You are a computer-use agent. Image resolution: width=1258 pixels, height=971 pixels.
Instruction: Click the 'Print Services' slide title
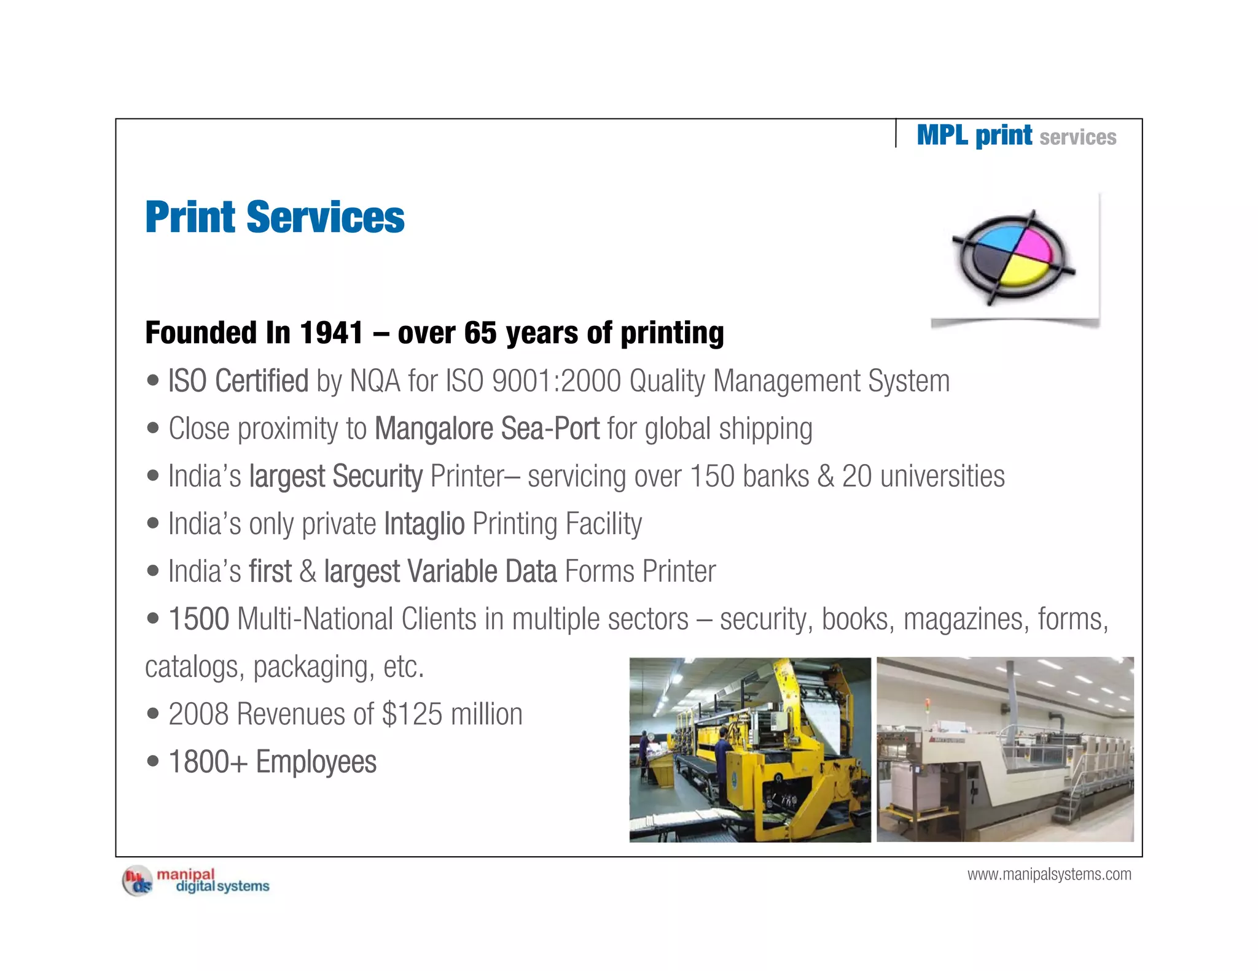click(x=275, y=217)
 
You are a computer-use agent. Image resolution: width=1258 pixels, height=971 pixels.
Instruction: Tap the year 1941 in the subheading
click(x=331, y=333)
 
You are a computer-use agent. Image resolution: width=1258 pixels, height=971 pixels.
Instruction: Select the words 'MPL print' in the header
click(x=974, y=135)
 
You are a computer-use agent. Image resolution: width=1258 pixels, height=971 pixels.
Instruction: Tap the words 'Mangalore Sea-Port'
click(x=486, y=428)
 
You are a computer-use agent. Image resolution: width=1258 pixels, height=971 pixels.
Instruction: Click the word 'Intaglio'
click(x=424, y=524)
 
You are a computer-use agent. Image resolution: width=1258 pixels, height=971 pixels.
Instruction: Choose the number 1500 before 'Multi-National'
click(x=198, y=619)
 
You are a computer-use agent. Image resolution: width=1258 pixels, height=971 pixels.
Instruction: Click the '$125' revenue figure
click(x=412, y=714)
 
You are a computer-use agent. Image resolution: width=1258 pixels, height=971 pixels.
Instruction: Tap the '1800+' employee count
click(x=208, y=762)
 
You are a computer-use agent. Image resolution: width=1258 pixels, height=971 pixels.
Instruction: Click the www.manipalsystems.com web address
click(x=1049, y=874)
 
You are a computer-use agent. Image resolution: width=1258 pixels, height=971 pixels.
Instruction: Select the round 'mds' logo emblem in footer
click(x=138, y=881)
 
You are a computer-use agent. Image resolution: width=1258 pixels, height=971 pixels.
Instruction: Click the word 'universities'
click(x=942, y=476)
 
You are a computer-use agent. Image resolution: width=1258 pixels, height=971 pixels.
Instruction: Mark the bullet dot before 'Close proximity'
click(x=153, y=428)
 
